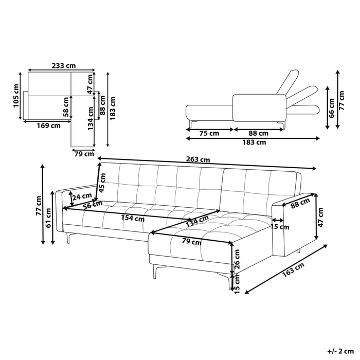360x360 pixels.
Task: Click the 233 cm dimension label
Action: click(x=64, y=66)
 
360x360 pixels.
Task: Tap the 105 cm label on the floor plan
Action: click(x=16, y=96)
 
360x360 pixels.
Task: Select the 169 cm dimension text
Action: click(x=49, y=125)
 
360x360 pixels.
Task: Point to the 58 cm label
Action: click(x=66, y=107)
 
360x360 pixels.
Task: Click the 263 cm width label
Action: click(x=198, y=159)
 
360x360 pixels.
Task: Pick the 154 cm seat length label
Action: click(x=133, y=218)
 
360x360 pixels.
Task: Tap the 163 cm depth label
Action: click(x=293, y=269)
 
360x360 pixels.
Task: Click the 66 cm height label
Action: click(x=331, y=108)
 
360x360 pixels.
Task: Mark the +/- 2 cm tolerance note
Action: click(x=340, y=351)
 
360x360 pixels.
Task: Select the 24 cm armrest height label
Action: click(x=82, y=197)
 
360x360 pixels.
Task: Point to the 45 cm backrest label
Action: click(x=102, y=183)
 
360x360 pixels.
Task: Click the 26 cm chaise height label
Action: click(x=237, y=259)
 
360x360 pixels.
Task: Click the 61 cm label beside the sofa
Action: click(x=48, y=218)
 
